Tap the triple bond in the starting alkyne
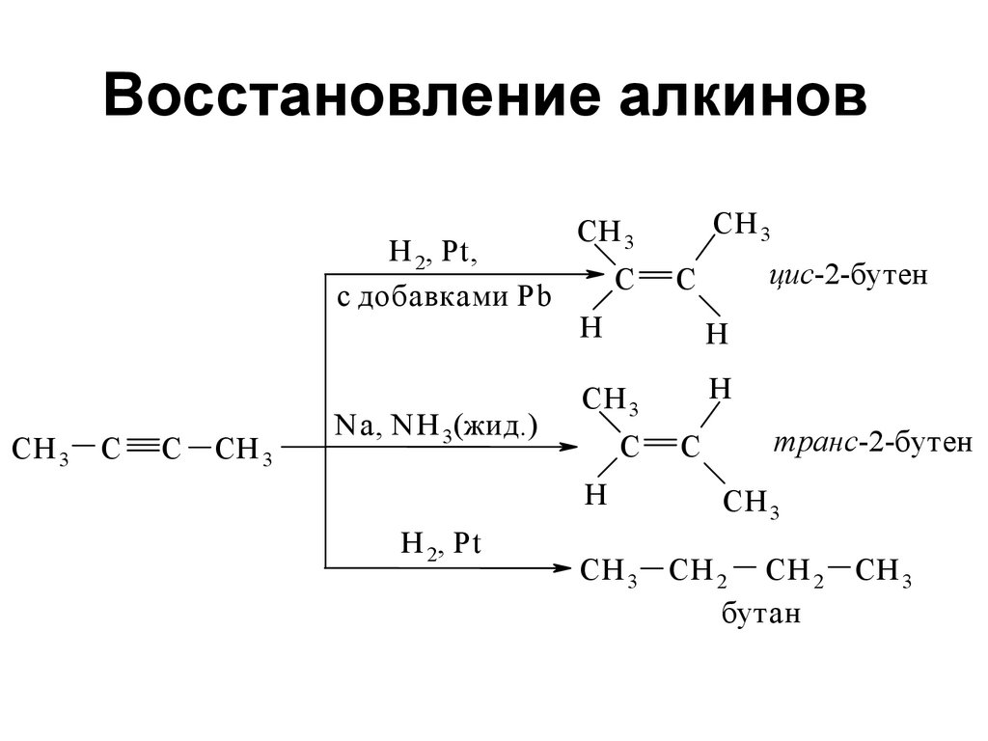(x=139, y=448)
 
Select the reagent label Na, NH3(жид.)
(x=434, y=427)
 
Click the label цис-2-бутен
(x=848, y=277)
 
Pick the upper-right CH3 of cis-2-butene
(x=740, y=227)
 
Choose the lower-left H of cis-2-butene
(x=590, y=328)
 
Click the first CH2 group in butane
(x=696, y=573)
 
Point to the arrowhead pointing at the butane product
(x=566, y=568)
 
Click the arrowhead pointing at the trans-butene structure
(x=566, y=448)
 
